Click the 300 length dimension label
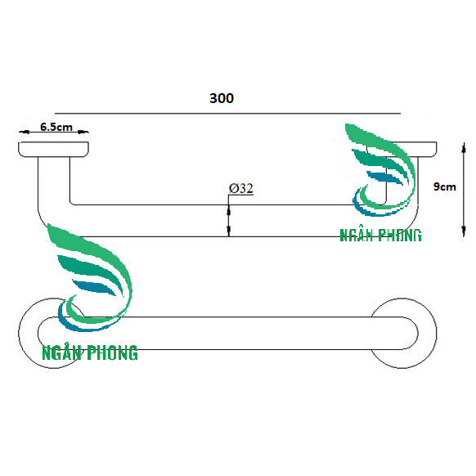pyautogui.click(x=222, y=98)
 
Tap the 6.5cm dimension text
pyautogui.click(x=56, y=127)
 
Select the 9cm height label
pyautogui.click(x=445, y=186)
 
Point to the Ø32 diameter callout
pyautogui.click(x=241, y=188)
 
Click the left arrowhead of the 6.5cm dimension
pyautogui.click(x=25, y=132)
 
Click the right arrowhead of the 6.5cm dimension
pyautogui.click(x=83, y=132)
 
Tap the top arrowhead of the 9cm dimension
pyautogui.click(x=464, y=148)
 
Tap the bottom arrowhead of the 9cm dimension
pyautogui.click(x=464, y=231)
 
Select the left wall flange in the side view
pyautogui.click(x=53, y=150)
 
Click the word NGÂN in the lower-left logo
pyautogui.click(x=61, y=353)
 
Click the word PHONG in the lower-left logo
pyautogui.click(x=112, y=353)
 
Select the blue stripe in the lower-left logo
pyautogui.click(x=94, y=288)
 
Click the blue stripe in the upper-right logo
pyautogui.click(x=385, y=177)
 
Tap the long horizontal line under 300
pyautogui.click(x=227, y=114)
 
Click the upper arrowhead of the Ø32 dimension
pyautogui.click(x=228, y=210)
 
